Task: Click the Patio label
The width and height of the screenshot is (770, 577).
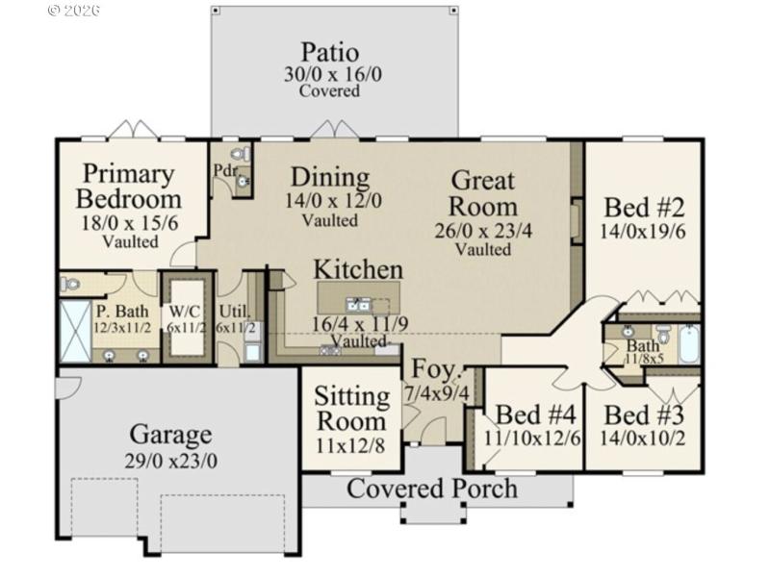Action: click(x=329, y=52)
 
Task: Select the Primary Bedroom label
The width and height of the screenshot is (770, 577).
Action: click(x=128, y=188)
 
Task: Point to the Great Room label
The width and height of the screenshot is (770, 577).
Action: click(x=483, y=193)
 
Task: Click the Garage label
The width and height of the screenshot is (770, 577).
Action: click(x=170, y=436)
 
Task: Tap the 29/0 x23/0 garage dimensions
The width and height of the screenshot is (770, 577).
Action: click(x=170, y=461)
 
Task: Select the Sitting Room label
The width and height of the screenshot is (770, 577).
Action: click(x=351, y=409)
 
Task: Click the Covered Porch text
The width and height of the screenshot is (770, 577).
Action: click(x=432, y=488)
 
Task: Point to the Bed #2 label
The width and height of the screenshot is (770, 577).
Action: click(x=644, y=208)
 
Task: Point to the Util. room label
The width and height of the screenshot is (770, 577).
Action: click(x=234, y=311)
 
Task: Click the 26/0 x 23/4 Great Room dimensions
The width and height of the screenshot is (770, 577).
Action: click(x=483, y=231)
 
